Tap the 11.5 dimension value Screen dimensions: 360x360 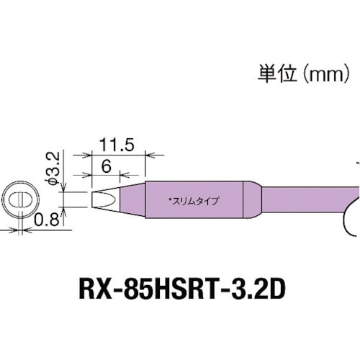pos(119,145)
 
